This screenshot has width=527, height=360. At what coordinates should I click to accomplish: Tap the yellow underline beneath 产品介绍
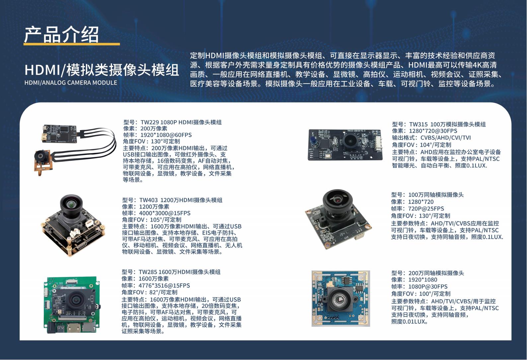coord(72,44)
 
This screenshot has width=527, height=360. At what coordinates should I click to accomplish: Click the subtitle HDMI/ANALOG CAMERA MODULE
coord(71,83)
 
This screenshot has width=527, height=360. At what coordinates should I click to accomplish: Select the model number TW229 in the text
coord(149,122)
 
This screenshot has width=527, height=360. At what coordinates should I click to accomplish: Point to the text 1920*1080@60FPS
coord(166,135)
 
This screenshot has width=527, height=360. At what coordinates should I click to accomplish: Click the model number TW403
coord(148,200)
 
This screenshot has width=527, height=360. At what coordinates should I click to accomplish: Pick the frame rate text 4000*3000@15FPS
coord(165,213)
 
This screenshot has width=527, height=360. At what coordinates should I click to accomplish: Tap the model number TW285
coord(148,272)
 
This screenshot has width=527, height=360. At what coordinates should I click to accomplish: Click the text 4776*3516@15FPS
coord(164,286)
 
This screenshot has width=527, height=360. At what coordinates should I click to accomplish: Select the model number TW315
coord(418,124)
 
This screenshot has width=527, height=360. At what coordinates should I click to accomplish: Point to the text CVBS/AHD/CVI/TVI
coord(446,138)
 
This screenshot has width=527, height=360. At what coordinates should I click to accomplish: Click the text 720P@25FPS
coord(426,209)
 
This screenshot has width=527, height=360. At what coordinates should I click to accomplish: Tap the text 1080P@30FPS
coord(428,287)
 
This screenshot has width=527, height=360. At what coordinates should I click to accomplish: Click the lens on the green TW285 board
coord(76,300)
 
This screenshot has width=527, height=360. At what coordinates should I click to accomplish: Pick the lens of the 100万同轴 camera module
coord(338,201)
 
